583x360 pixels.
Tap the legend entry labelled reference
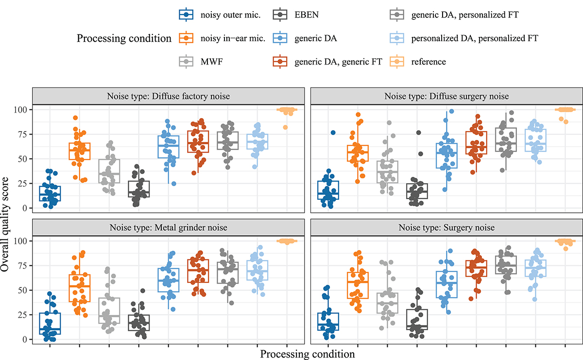(x=427, y=62)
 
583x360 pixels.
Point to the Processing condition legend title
(x=124, y=38)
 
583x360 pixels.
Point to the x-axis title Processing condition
(x=307, y=354)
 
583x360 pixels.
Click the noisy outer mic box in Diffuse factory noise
(x=49, y=193)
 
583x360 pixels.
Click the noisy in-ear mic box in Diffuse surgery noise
(x=358, y=153)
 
